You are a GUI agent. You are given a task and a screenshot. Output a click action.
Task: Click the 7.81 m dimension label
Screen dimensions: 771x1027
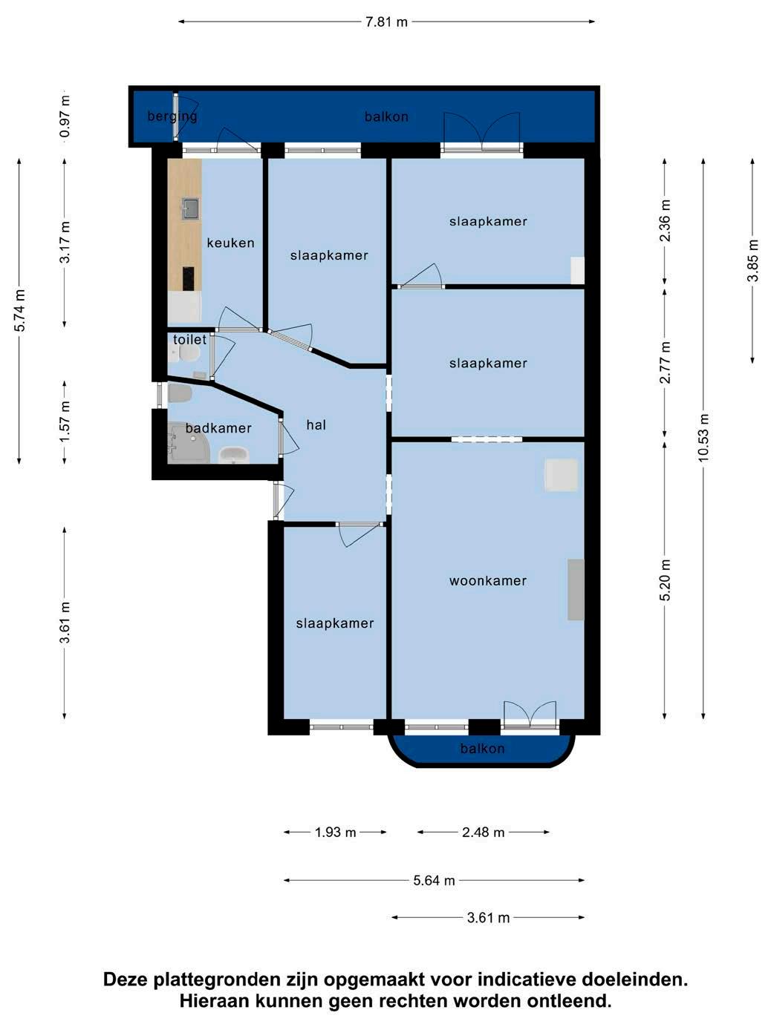pos(386,22)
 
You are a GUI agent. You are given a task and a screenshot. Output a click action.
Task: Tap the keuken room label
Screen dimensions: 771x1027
pos(231,243)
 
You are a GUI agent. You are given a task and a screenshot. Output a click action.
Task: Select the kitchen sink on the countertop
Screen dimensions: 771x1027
pos(191,208)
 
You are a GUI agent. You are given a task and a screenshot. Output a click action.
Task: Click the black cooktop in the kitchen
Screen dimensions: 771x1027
pos(188,278)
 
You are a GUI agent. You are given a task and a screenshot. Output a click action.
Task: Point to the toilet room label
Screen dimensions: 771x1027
pos(189,340)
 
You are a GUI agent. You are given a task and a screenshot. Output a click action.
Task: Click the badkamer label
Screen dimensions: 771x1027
pos(218,428)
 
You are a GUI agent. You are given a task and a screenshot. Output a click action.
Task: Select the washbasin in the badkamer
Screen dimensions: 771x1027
pos(234,455)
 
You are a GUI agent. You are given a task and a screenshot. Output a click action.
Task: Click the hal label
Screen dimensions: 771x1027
pos(316,425)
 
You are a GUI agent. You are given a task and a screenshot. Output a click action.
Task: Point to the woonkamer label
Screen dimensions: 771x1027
pos(488,580)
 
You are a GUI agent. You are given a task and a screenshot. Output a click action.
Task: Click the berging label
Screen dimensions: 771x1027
pos(172,117)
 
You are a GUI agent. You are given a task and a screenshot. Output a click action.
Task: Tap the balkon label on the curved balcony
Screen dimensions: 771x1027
pos(482,749)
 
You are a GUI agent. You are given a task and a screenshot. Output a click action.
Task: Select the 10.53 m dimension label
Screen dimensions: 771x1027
pos(703,438)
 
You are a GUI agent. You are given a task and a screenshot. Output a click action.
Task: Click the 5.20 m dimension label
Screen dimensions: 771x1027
pos(666,580)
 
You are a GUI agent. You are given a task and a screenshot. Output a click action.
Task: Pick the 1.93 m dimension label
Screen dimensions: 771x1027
pos(336,833)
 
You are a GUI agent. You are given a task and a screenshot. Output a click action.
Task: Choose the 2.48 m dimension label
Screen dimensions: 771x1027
pos(483,833)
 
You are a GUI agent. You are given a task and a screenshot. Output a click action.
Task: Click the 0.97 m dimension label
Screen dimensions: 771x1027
pos(65,117)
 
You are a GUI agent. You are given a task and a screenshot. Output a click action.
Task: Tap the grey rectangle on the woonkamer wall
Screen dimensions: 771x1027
pos(576,589)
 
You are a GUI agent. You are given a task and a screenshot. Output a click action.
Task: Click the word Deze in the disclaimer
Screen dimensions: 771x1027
pos(126,979)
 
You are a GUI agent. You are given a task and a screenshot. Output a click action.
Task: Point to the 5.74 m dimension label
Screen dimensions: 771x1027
pos(19,311)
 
